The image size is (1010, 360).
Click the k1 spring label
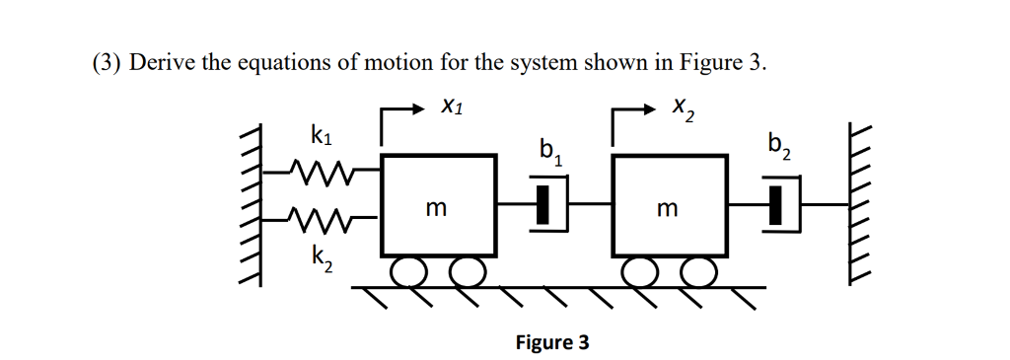pyautogui.click(x=321, y=136)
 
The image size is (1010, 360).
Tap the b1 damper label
pyautogui.click(x=550, y=151)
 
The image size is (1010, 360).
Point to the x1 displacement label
pyautogui.click(x=450, y=104)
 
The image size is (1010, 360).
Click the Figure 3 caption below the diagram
pyautogui.click(x=552, y=342)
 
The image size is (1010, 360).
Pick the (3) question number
pyautogui.click(x=105, y=62)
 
